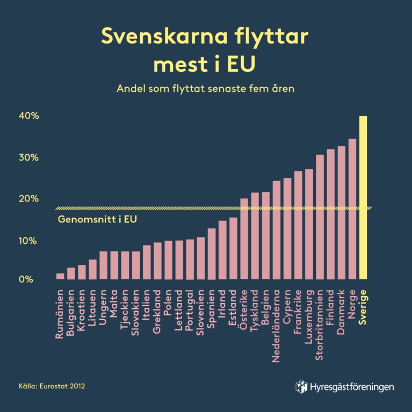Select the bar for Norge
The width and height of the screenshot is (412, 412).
tap(352, 209)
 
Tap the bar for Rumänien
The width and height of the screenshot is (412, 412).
tap(60, 277)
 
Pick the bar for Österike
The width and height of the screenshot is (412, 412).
tap(244, 239)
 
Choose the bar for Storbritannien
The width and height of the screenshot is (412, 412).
tap(320, 217)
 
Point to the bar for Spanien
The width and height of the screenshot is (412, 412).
tap(212, 254)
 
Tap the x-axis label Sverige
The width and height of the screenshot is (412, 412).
tap(363, 306)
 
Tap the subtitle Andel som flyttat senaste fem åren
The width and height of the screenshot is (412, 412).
tap(206, 88)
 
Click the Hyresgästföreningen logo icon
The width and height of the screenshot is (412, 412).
tap(301, 386)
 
